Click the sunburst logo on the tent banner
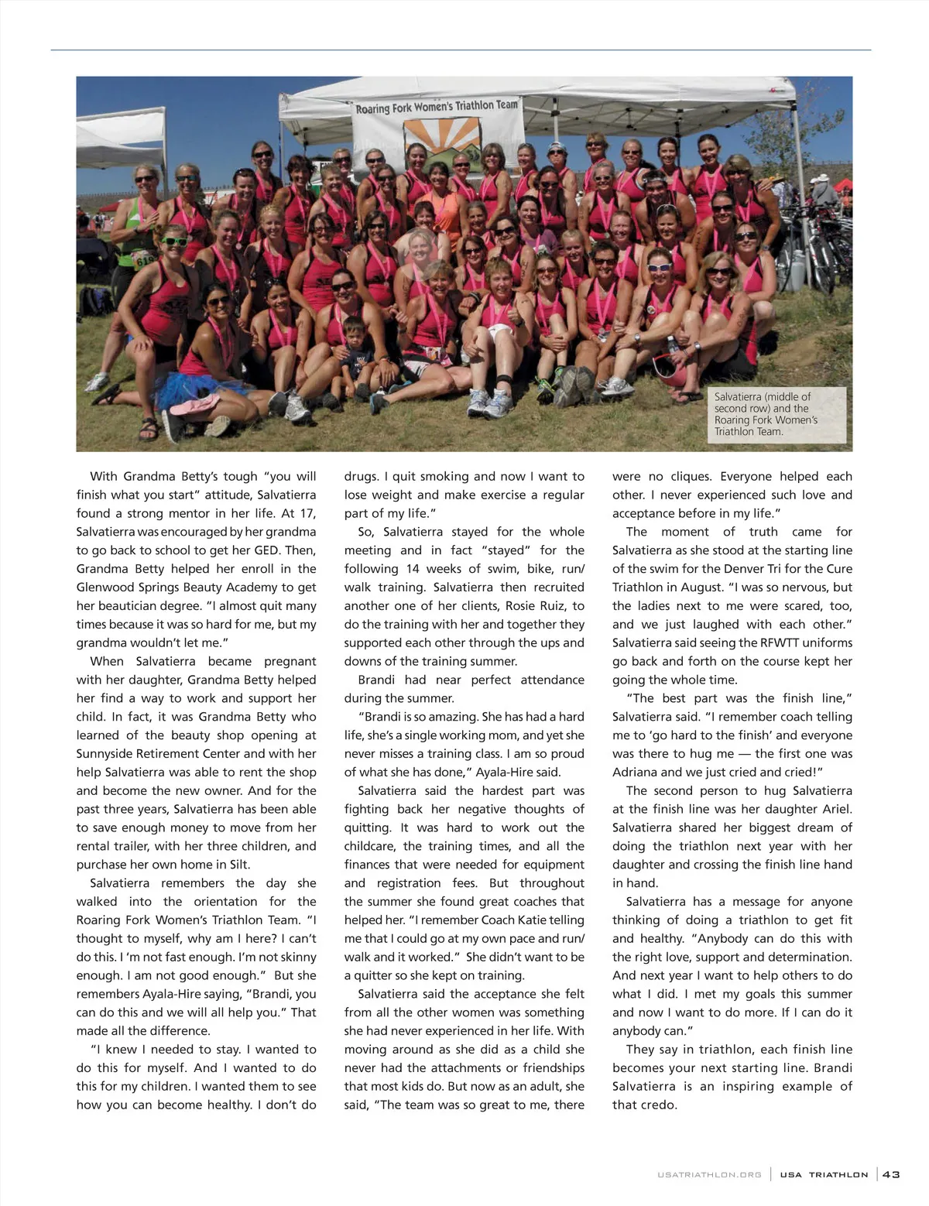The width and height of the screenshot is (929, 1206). (442, 140)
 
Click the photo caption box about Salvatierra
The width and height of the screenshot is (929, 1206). (776, 414)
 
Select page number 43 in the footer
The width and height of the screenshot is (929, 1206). (891, 1174)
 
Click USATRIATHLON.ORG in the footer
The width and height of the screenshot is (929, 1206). (709, 1175)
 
